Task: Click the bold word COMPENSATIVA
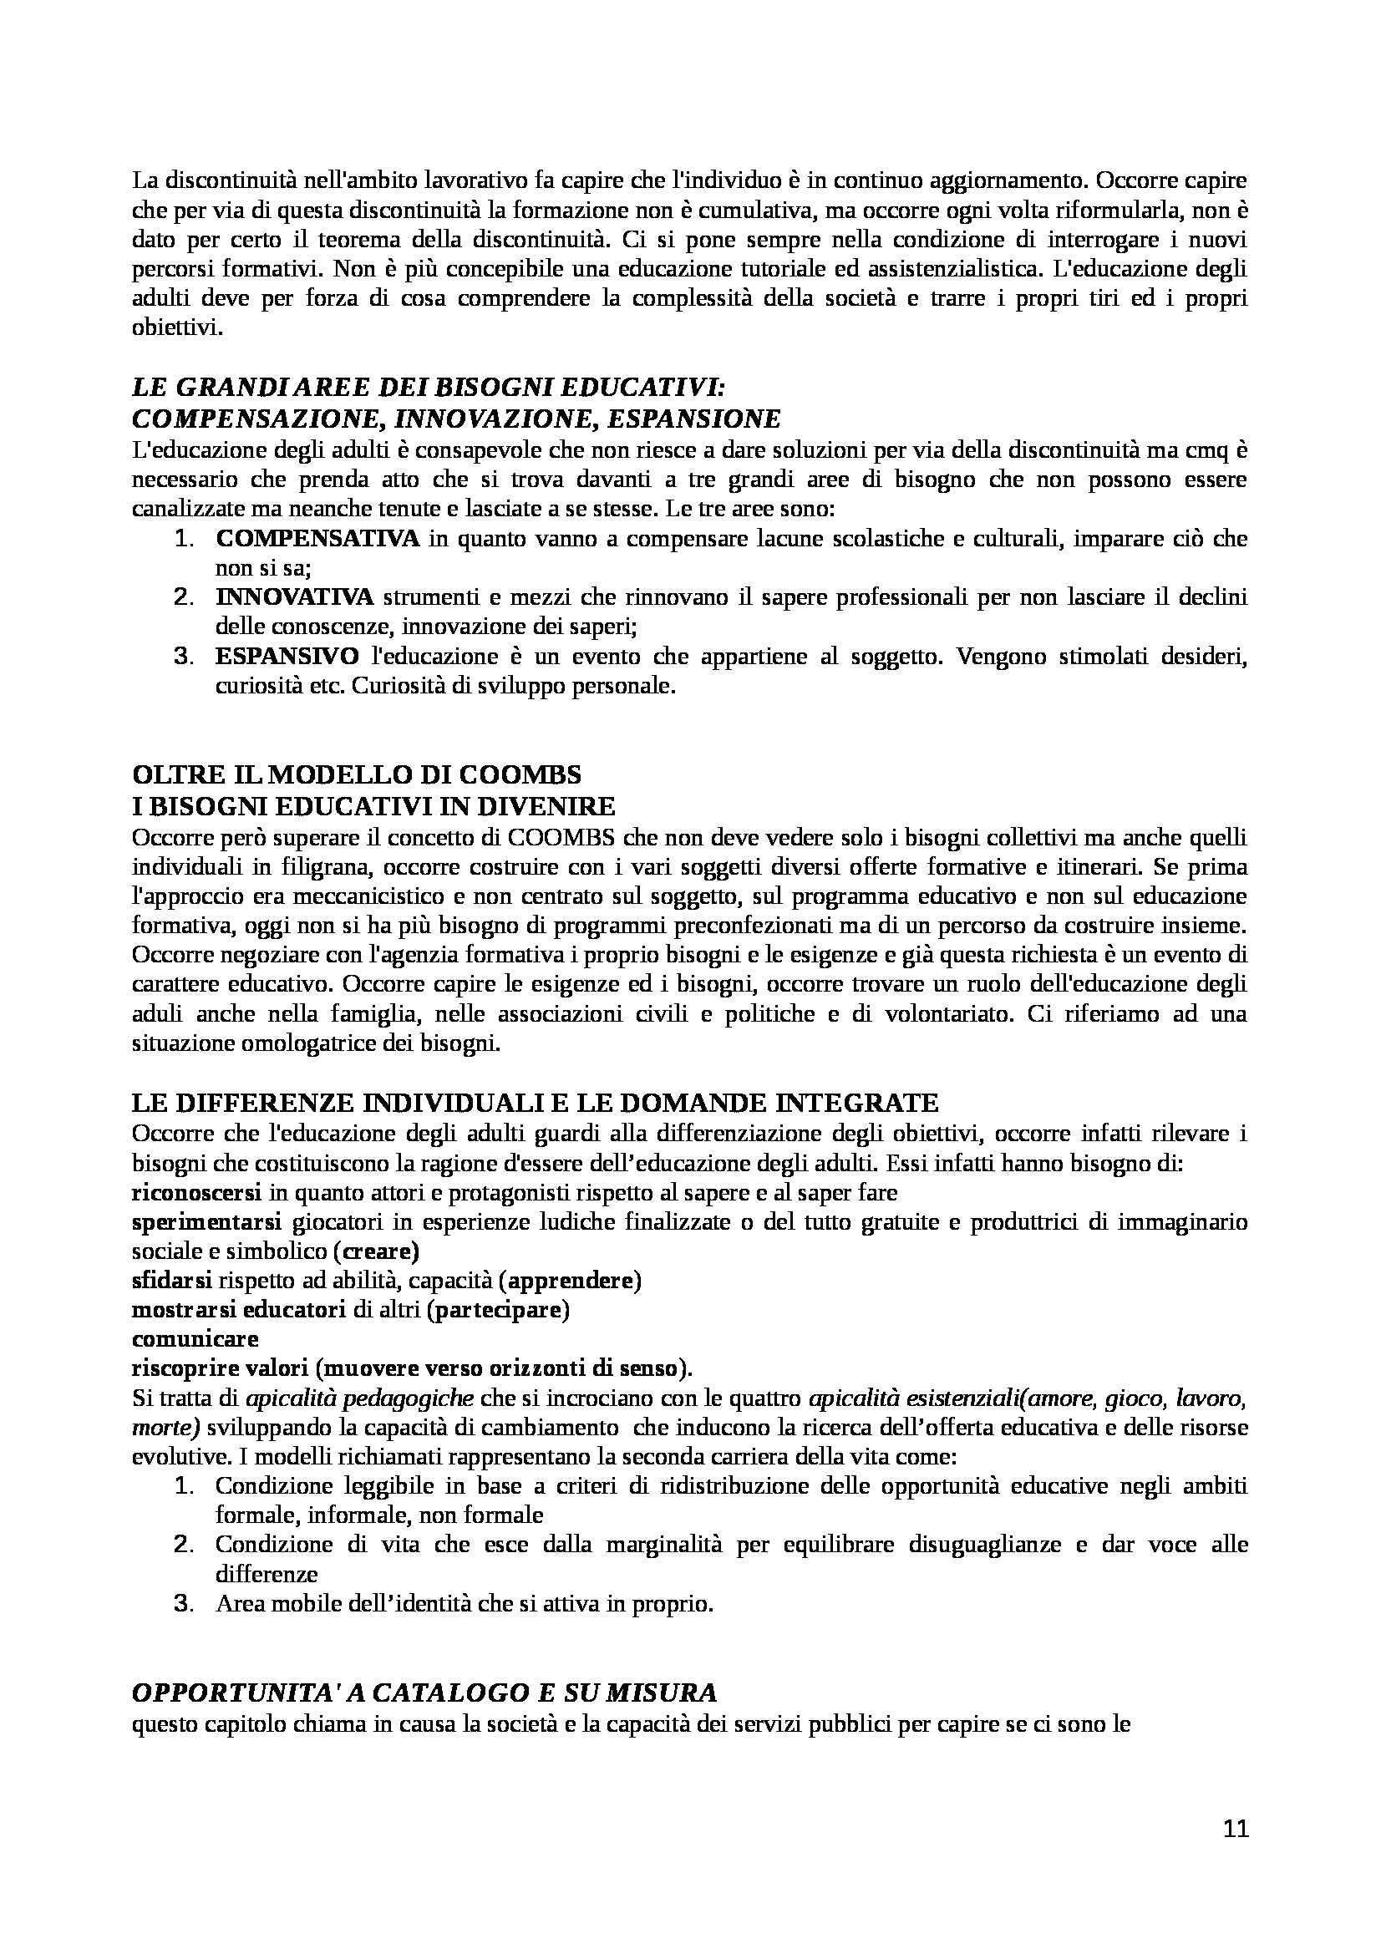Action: click(x=317, y=539)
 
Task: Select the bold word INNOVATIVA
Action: click(x=294, y=597)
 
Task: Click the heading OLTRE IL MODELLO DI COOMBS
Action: click(x=358, y=774)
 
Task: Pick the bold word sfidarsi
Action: click(x=172, y=1281)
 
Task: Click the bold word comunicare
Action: click(x=195, y=1338)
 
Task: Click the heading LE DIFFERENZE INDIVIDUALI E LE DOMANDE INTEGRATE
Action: click(x=536, y=1103)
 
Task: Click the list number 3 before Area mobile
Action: click(x=184, y=1604)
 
